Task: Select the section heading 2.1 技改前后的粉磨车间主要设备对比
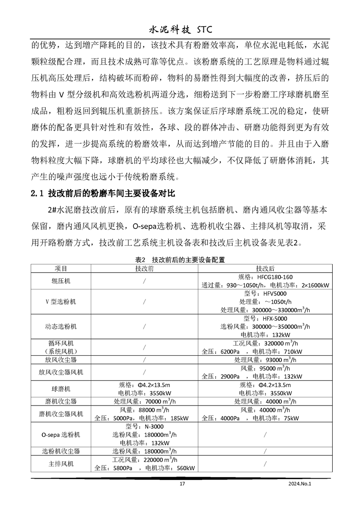[103, 194]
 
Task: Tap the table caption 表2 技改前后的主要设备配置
[180, 260]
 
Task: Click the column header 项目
[61, 268]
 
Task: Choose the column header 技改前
[144, 268]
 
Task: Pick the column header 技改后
[265, 268]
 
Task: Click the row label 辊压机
[61, 281]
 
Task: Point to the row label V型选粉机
[61, 302]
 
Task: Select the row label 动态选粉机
[61, 327]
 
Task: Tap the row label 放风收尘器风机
[61, 372]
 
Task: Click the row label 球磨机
[61, 389]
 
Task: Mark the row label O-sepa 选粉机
[61, 435]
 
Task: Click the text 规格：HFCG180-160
[265, 277]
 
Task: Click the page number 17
[182, 484]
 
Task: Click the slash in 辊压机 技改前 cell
[144, 281]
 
